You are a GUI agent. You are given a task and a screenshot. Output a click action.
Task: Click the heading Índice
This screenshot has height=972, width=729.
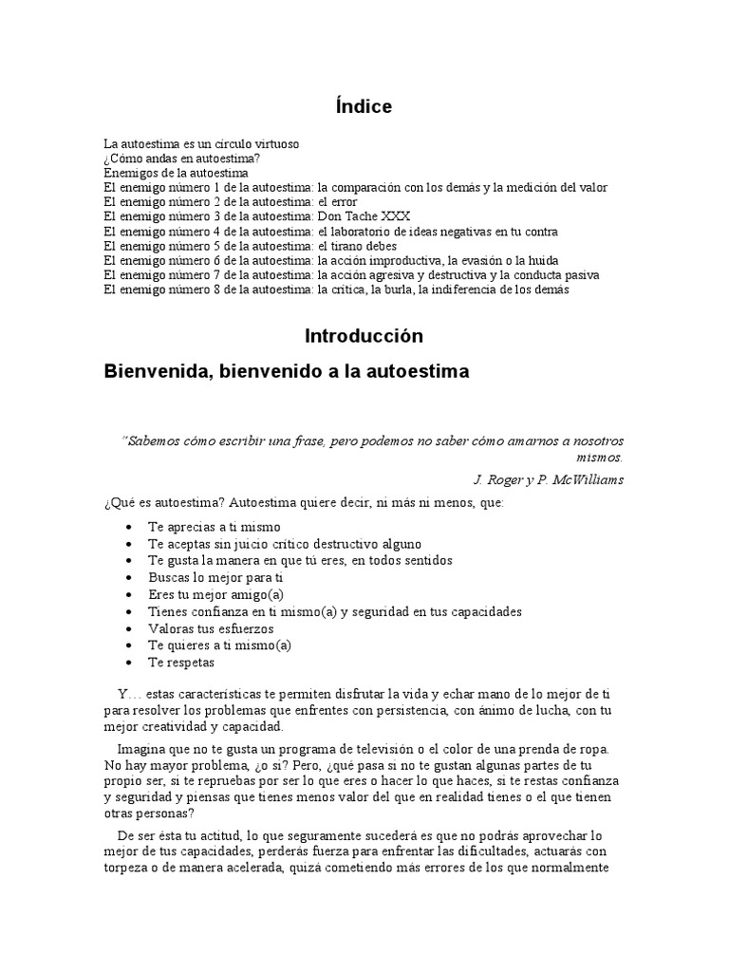364,107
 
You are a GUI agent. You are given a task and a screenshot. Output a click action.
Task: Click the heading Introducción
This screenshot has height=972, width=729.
364,336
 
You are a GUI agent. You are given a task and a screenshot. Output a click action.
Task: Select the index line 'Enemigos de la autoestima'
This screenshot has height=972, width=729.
176,174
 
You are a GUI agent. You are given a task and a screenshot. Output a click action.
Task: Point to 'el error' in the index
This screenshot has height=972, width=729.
338,202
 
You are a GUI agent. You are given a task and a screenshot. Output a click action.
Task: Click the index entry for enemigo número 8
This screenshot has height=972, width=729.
336,290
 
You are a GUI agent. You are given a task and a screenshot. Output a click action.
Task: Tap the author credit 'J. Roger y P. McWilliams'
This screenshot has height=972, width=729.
548,479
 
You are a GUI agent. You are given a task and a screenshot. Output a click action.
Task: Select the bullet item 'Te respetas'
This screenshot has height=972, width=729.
181,663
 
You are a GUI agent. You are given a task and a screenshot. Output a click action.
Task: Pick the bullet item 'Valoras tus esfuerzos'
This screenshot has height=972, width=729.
211,628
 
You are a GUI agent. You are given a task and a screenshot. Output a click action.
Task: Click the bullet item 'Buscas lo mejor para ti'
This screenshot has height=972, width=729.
215,577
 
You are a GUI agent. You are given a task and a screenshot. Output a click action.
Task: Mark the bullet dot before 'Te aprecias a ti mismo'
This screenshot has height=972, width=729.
128,527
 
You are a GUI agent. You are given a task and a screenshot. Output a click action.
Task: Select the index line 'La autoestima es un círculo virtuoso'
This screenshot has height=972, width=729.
201,144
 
